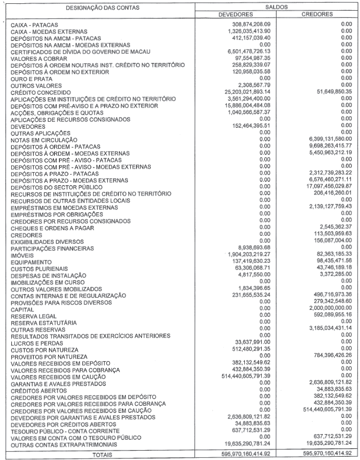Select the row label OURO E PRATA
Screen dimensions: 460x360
tap(32, 80)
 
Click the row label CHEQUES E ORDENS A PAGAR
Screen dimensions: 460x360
tap(55, 228)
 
